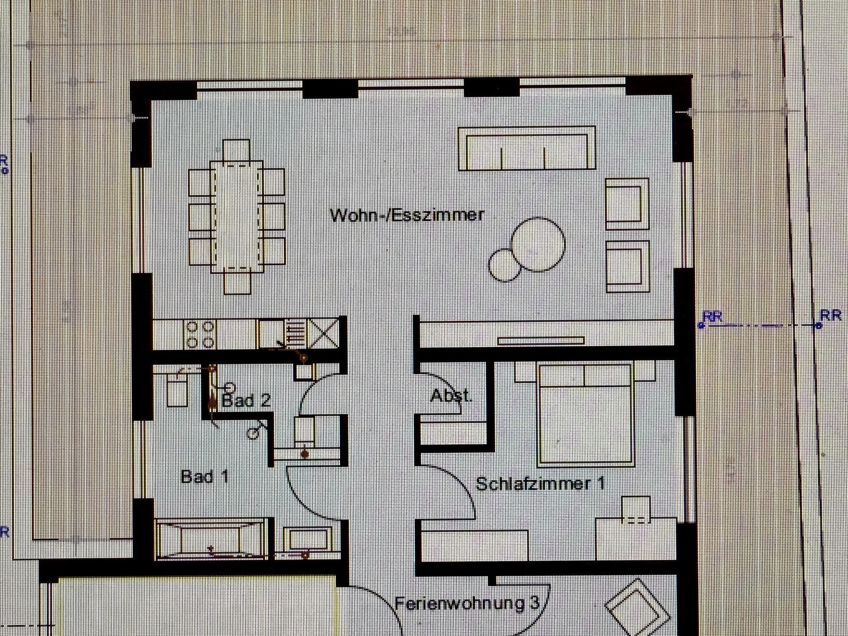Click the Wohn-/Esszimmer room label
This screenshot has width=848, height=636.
(407, 215)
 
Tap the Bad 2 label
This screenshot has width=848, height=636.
(246, 400)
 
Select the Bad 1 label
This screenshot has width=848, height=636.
(205, 477)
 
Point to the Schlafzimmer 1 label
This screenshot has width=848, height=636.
(541, 483)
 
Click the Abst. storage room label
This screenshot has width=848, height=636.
(451, 396)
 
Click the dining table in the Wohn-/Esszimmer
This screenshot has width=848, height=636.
(237, 217)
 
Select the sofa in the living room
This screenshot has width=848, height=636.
(527, 148)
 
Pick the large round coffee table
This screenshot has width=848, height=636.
(538, 244)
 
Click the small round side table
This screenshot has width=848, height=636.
(505, 265)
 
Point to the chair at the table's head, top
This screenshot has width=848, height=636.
(236, 150)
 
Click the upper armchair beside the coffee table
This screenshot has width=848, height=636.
(627, 204)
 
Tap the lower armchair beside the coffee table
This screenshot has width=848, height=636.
(627, 267)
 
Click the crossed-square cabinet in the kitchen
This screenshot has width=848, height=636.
(323, 333)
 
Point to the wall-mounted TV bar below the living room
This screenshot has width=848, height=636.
(541, 341)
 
